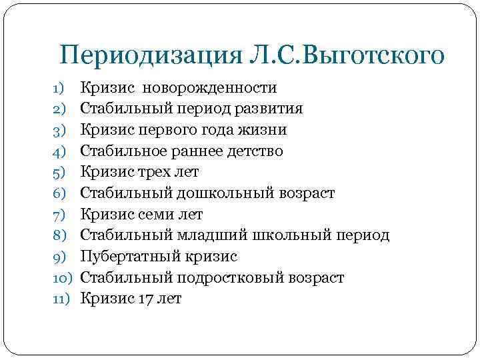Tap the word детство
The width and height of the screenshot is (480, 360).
pos(255,151)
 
